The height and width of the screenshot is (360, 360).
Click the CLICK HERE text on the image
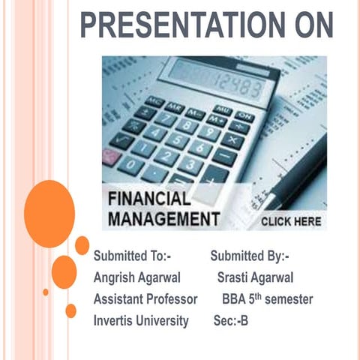coord(291,222)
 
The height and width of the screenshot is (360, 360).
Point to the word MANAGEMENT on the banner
coord(163,220)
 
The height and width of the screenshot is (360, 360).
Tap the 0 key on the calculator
coord(131,163)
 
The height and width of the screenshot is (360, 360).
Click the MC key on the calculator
coord(154,102)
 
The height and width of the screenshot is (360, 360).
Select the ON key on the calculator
coord(244,115)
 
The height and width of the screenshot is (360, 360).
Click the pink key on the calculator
coord(110,157)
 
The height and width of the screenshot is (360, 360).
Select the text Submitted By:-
coord(250,255)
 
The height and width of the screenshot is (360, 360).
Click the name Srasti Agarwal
coord(255,277)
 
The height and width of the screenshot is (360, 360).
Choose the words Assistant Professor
coord(145,299)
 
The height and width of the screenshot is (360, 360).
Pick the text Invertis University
coord(141,321)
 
